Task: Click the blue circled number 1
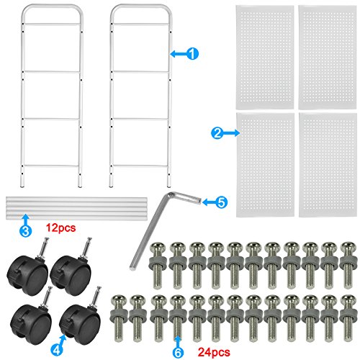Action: point(192,53)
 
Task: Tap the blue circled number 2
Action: point(217,133)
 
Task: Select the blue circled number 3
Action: point(25,230)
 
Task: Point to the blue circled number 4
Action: point(57,351)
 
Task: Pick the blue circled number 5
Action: point(221,202)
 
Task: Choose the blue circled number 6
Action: point(178,352)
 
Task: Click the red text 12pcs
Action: point(60,228)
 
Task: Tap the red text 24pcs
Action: point(214,352)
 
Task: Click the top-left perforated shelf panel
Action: point(265,57)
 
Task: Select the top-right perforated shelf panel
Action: point(328,57)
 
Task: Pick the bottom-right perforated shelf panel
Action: point(328,165)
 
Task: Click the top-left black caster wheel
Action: point(28,268)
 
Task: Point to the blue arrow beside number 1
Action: point(178,54)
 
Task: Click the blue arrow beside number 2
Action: point(232,132)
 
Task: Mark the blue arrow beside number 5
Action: point(209,202)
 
